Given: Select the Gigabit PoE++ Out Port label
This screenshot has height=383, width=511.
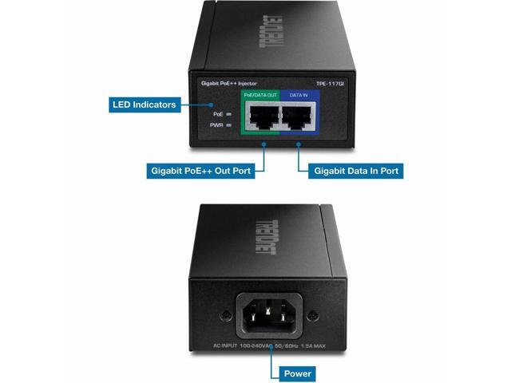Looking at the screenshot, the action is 202,171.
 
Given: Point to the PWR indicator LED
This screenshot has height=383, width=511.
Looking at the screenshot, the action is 229,125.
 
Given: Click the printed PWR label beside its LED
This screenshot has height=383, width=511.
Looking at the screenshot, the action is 216,125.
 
